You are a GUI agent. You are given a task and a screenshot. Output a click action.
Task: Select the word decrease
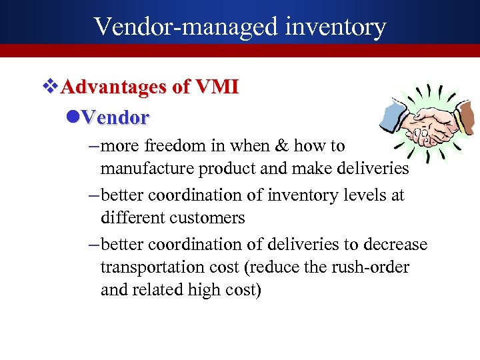[395, 245]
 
